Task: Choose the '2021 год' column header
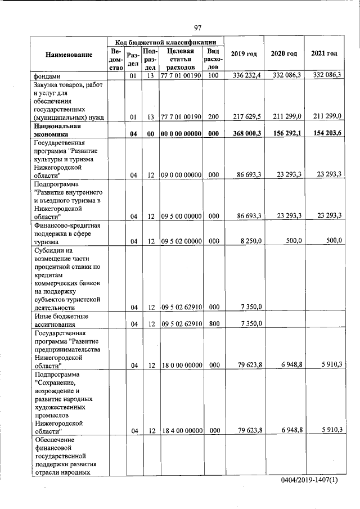click(x=324, y=53)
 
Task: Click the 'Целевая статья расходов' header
click(x=181, y=59)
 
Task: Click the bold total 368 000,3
click(x=242, y=134)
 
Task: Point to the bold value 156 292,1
click(x=285, y=134)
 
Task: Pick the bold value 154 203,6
click(x=324, y=134)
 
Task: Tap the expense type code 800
click(x=213, y=323)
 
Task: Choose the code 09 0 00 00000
click(x=181, y=175)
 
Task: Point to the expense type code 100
click(x=213, y=75)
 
